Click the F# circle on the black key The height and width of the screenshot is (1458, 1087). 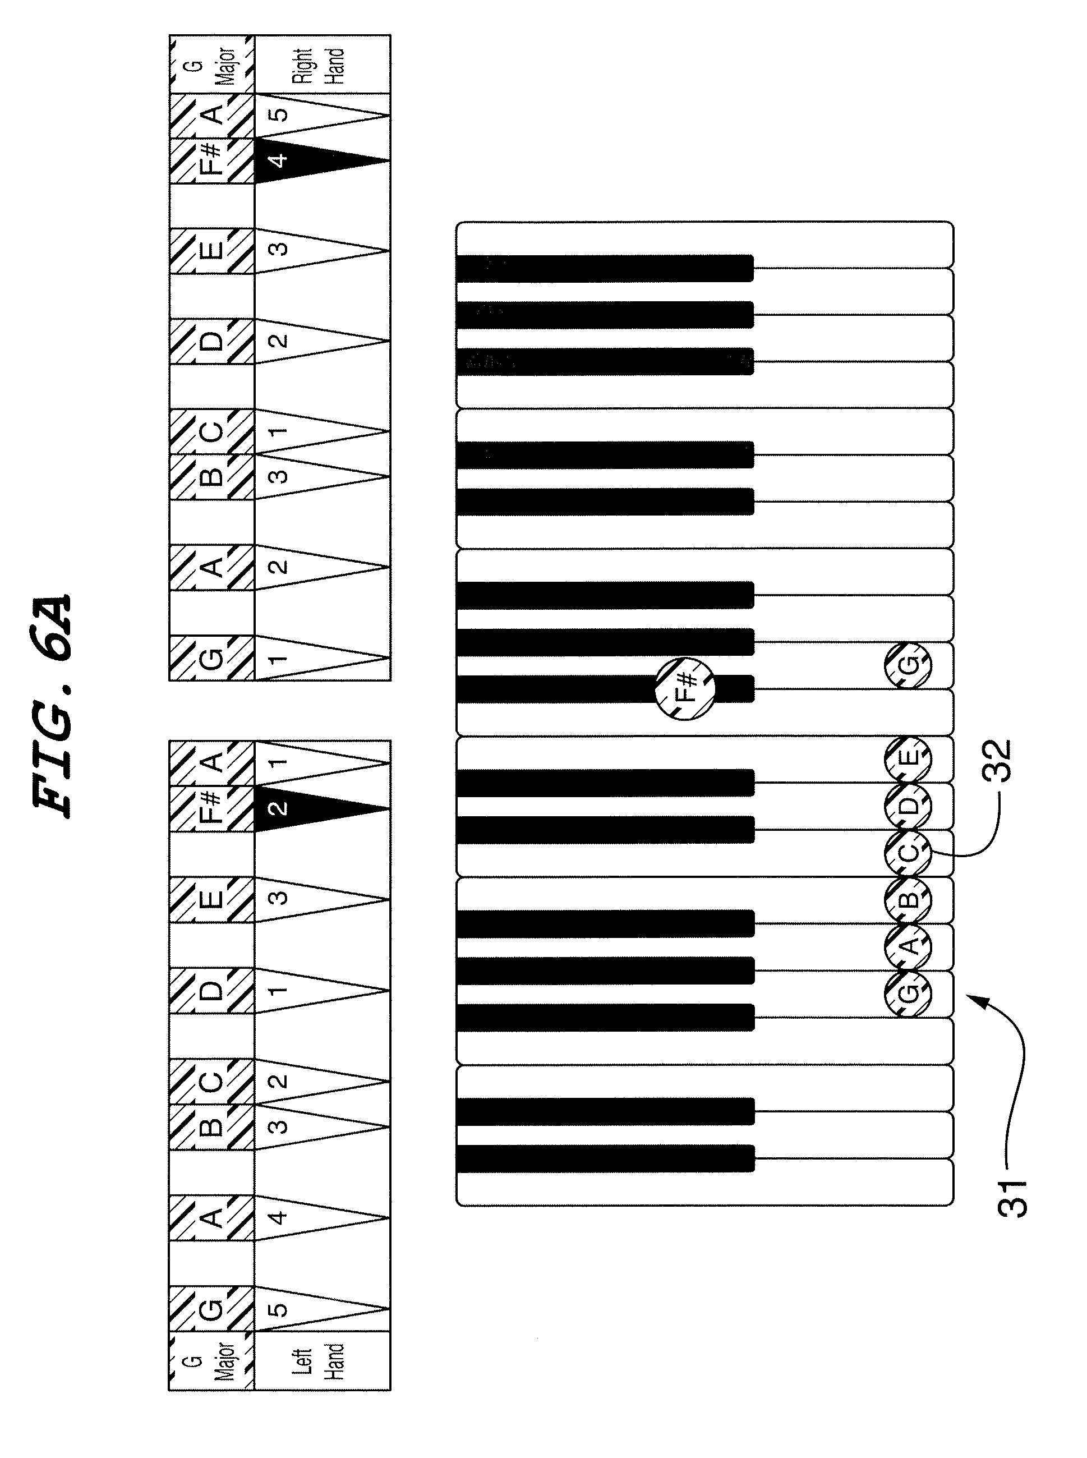(685, 688)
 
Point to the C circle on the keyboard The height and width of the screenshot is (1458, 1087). (908, 852)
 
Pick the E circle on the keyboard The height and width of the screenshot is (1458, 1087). (908, 758)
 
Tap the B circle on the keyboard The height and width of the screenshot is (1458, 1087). (908, 899)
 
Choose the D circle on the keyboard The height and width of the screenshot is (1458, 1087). (908, 806)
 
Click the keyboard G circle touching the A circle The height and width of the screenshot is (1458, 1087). (908, 993)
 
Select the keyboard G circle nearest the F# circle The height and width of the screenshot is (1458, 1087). (908, 665)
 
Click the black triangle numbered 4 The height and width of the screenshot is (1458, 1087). (309, 160)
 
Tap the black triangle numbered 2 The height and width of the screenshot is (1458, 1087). (309, 808)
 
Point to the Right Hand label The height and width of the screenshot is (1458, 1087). (319, 65)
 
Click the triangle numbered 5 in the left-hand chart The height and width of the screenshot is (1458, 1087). (309, 1309)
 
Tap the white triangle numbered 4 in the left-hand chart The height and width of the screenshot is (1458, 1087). (309, 1217)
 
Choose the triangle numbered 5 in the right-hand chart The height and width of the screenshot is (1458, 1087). (309, 114)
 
